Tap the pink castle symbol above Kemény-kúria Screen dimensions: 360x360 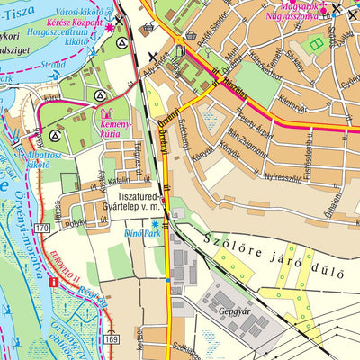tap(107, 115)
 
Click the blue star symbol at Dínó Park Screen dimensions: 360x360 tap(155, 223)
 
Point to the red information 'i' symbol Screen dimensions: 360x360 tap(54, 282)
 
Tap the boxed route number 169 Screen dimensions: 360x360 tap(110, 340)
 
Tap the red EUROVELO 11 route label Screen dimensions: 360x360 tap(68, 263)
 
